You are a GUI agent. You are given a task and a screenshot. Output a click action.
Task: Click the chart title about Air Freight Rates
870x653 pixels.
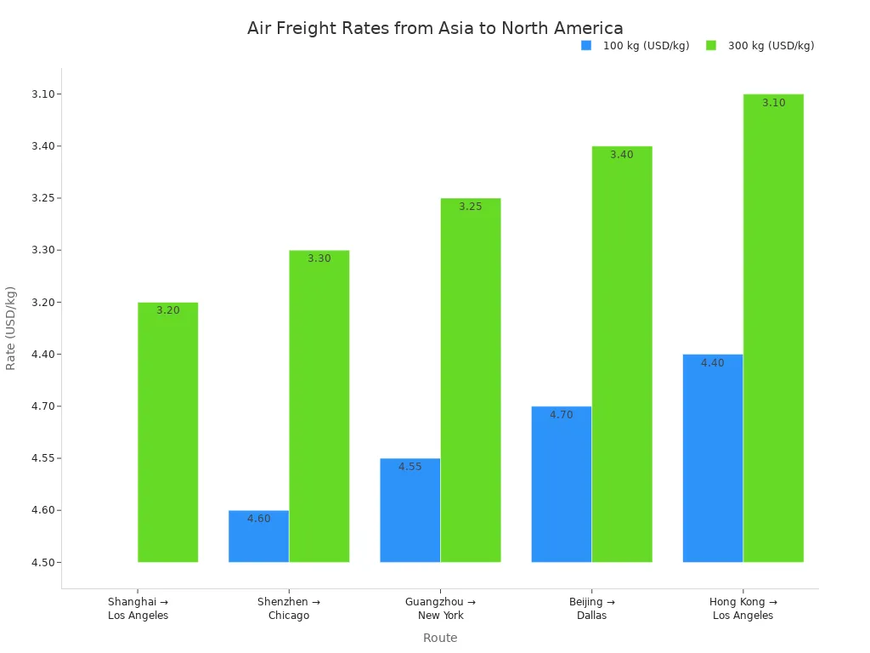pyautogui.click(x=435, y=28)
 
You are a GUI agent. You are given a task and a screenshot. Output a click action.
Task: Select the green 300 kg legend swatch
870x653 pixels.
pyautogui.click(x=711, y=46)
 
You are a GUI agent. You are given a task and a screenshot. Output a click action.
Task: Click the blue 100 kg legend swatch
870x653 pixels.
pyautogui.click(x=586, y=46)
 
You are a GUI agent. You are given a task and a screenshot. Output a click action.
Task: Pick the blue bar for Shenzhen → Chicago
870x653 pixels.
pyautogui.click(x=258, y=537)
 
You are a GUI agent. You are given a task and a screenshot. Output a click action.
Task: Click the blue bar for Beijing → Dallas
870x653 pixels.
pyautogui.click(x=562, y=485)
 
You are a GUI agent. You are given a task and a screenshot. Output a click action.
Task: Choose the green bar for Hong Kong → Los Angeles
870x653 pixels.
pyautogui.click(x=773, y=328)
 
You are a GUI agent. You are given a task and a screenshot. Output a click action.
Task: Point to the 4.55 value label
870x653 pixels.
pyautogui.click(x=410, y=467)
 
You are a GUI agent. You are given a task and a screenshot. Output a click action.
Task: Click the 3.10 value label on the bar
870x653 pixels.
pyautogui.click(x=773, y=103)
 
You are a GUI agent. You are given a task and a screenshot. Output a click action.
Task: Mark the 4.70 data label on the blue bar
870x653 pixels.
pyautogui.click(x=562, y=415)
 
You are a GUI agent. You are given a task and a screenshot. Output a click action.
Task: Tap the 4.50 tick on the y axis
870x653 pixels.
pyautogui.click(x=42, y=563)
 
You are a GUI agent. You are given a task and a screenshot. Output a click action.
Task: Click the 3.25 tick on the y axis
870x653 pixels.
pyautogui.click(x=42, y=198)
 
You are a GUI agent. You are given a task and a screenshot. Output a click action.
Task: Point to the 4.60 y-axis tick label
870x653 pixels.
pyautogui.click(x=42, y=510)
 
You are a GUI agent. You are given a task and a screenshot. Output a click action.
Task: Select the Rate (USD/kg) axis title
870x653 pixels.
pyautogui.click(x=11, y=328)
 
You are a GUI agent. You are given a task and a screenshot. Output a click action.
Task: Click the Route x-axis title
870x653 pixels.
pyautogui.click(x=440, y=638)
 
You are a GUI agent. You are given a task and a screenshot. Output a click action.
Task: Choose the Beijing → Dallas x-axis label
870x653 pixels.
pyautogui.click(x=592, y=609)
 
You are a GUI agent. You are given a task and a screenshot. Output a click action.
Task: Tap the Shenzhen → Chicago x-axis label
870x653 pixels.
pyautogui.click(x=289, y=609)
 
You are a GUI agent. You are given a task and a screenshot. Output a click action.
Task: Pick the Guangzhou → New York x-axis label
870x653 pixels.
pyautogui.click(x=440, y=609)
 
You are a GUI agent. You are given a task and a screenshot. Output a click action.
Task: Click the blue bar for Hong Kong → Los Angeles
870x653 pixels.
pyautogui.click(x=713, y=458)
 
